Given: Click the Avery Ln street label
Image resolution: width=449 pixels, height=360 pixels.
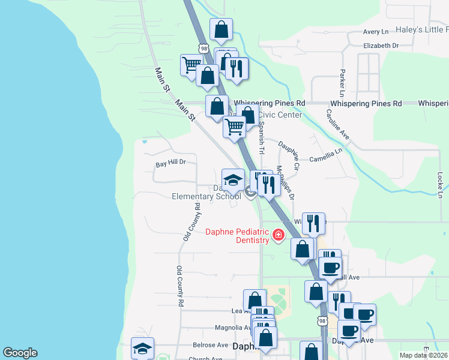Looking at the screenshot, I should point(376,32).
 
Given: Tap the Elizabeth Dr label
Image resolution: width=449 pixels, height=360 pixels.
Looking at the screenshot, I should point(381,45).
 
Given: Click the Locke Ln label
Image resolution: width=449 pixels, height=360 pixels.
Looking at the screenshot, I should point(440,186).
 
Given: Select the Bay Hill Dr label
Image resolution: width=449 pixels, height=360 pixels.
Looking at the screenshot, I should point(171,163).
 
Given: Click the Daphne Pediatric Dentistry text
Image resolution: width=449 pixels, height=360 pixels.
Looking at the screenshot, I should point(237,236).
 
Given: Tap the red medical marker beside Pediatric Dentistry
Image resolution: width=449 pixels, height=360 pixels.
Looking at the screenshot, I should point(279,235).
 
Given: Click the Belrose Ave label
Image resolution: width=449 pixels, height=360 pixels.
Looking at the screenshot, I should point(210,345).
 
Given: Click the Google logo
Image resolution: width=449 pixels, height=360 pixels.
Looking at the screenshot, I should point(20,353).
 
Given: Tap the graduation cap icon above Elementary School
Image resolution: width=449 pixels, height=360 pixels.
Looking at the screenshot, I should point(232,179).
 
